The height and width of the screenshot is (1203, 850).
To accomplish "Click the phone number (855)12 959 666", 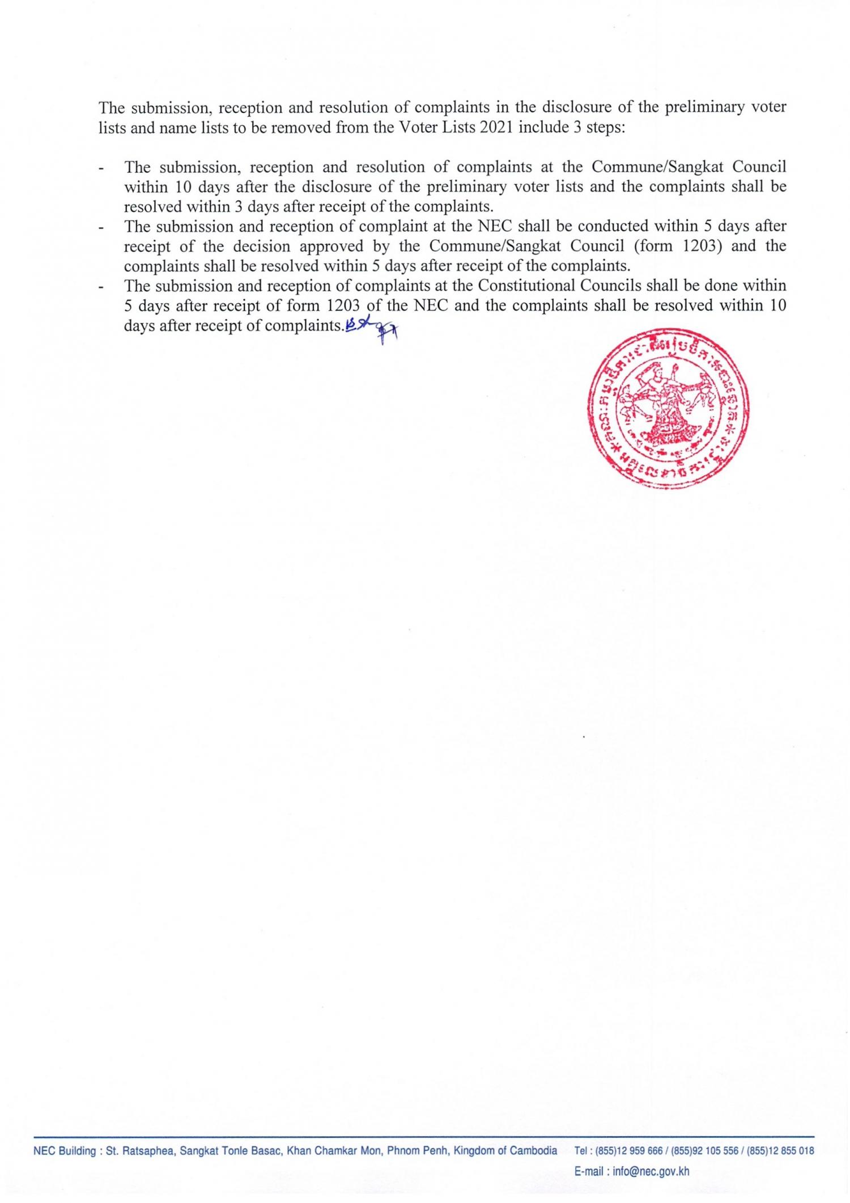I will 618,1151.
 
